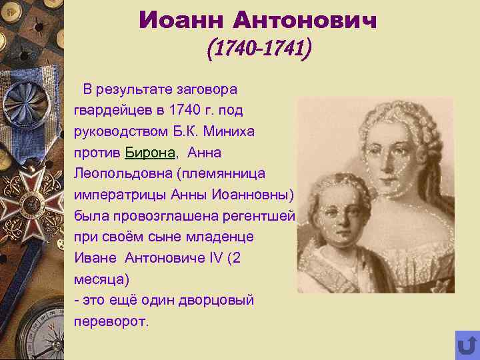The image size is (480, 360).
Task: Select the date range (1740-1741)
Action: coord(259,49)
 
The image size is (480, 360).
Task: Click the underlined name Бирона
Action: coord(150,153)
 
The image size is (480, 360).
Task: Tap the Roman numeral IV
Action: coord(215,258)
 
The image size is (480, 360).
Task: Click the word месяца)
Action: coord(100,279)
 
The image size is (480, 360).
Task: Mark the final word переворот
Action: coord(112,321)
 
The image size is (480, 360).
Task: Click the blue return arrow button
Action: coord(467,345)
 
